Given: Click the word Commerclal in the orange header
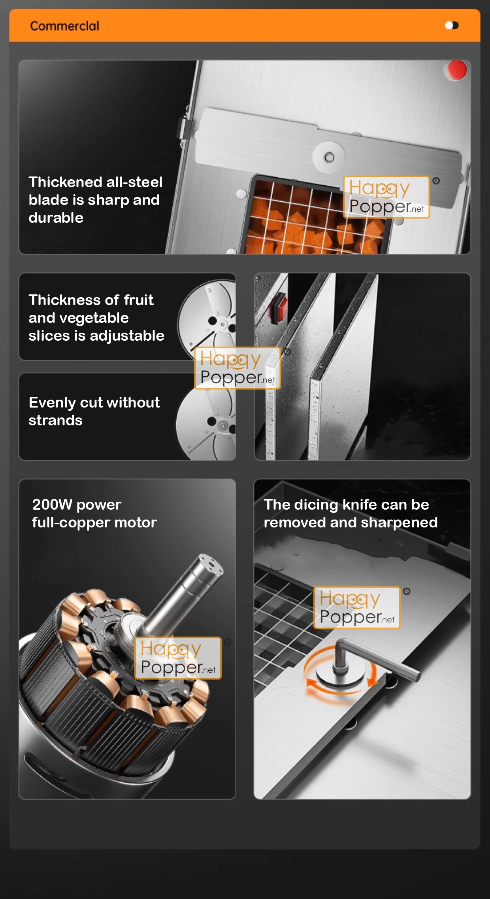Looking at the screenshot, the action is [65, 26].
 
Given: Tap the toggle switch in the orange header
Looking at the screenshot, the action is [452, 26].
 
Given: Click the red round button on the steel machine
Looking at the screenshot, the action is [456, 70].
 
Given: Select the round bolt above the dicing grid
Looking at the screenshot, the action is [329, 157].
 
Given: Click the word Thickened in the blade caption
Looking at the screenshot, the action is [60, 182].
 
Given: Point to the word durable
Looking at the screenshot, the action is [56, 218].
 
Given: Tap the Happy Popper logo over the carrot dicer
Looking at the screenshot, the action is [386, 197].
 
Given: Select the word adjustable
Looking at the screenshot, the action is [127, 336].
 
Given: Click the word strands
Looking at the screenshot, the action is [55, 420].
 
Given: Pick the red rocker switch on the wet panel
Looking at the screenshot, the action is [278, 307].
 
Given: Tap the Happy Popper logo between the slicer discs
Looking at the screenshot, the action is [237, 368].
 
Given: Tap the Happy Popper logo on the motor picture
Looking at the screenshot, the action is [178, 658].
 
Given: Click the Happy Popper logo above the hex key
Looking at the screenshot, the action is [357, 607].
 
